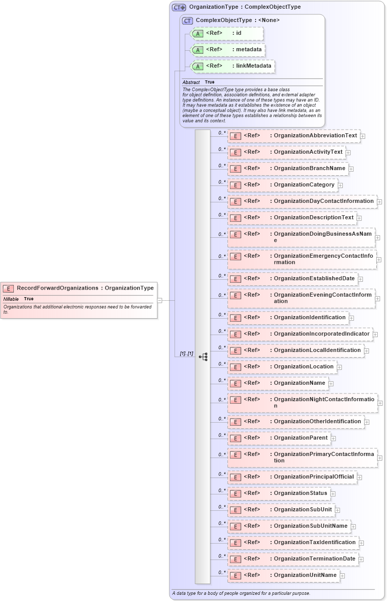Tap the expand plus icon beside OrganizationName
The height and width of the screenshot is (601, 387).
click(x=331, y=383)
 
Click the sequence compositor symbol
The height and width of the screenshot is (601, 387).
click(x=203, y=357)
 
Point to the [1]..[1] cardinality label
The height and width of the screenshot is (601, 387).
click(x=186, y=354)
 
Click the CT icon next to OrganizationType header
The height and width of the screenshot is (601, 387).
click(x=179, y=7)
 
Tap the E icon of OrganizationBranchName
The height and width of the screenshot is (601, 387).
click(x=235, y=169)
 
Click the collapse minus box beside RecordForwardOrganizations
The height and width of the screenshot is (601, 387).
click(x=160, y=300)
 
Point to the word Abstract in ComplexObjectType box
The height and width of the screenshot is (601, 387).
click(x=191, y=82)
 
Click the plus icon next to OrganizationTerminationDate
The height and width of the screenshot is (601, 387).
click(x=361, y=559)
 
